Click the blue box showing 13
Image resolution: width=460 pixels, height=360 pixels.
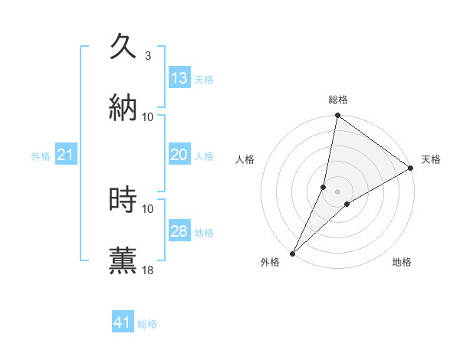coord(179,78)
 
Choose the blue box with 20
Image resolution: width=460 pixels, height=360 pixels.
coord(179,155)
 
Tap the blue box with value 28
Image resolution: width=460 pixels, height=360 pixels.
coord(179,231)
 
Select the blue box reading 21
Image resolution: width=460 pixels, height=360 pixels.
coord(66,155)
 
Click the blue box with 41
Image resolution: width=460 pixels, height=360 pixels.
coord(123,323)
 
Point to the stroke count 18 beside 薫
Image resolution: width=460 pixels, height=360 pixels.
coord(148,270)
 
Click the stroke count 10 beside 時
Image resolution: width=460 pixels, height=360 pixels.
coord(148,208)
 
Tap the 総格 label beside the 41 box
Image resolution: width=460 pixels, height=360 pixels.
coord(147,324)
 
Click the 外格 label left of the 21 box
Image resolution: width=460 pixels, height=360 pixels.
coord(41,156)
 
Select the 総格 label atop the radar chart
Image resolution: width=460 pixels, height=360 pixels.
coord(337,100)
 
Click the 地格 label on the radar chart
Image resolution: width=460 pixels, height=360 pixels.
coord(402,263)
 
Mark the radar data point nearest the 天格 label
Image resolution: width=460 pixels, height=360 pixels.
coord(411,169)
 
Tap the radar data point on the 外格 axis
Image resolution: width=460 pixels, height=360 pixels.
coord(292,253)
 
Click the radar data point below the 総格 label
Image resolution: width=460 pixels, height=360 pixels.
coord(337,116)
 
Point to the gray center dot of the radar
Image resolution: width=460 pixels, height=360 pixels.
coord(337,191)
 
